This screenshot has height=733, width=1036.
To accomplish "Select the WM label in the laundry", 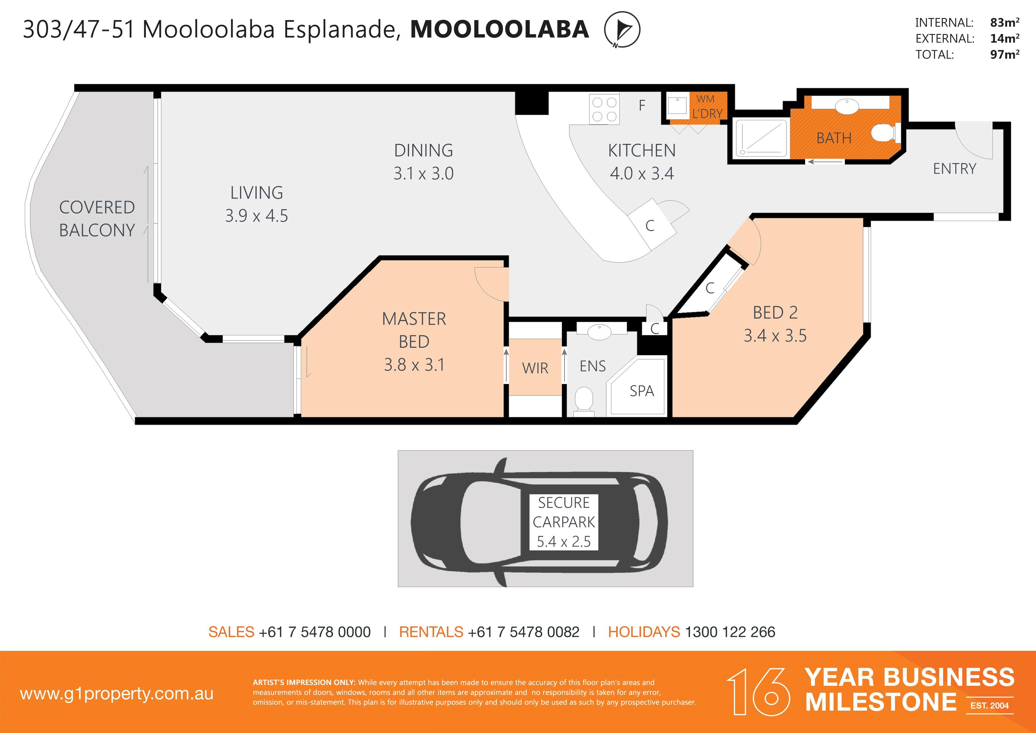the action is coord(705,99).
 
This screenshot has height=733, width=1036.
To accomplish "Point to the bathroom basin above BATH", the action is coord(847,107).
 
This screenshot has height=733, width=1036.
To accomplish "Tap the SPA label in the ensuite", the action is coord(642,391).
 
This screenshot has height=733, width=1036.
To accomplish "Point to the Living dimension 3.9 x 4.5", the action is coord(256,216).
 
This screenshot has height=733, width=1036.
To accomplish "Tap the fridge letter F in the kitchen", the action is coord(642,105).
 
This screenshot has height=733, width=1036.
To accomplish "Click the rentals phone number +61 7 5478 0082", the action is coord(523,632).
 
